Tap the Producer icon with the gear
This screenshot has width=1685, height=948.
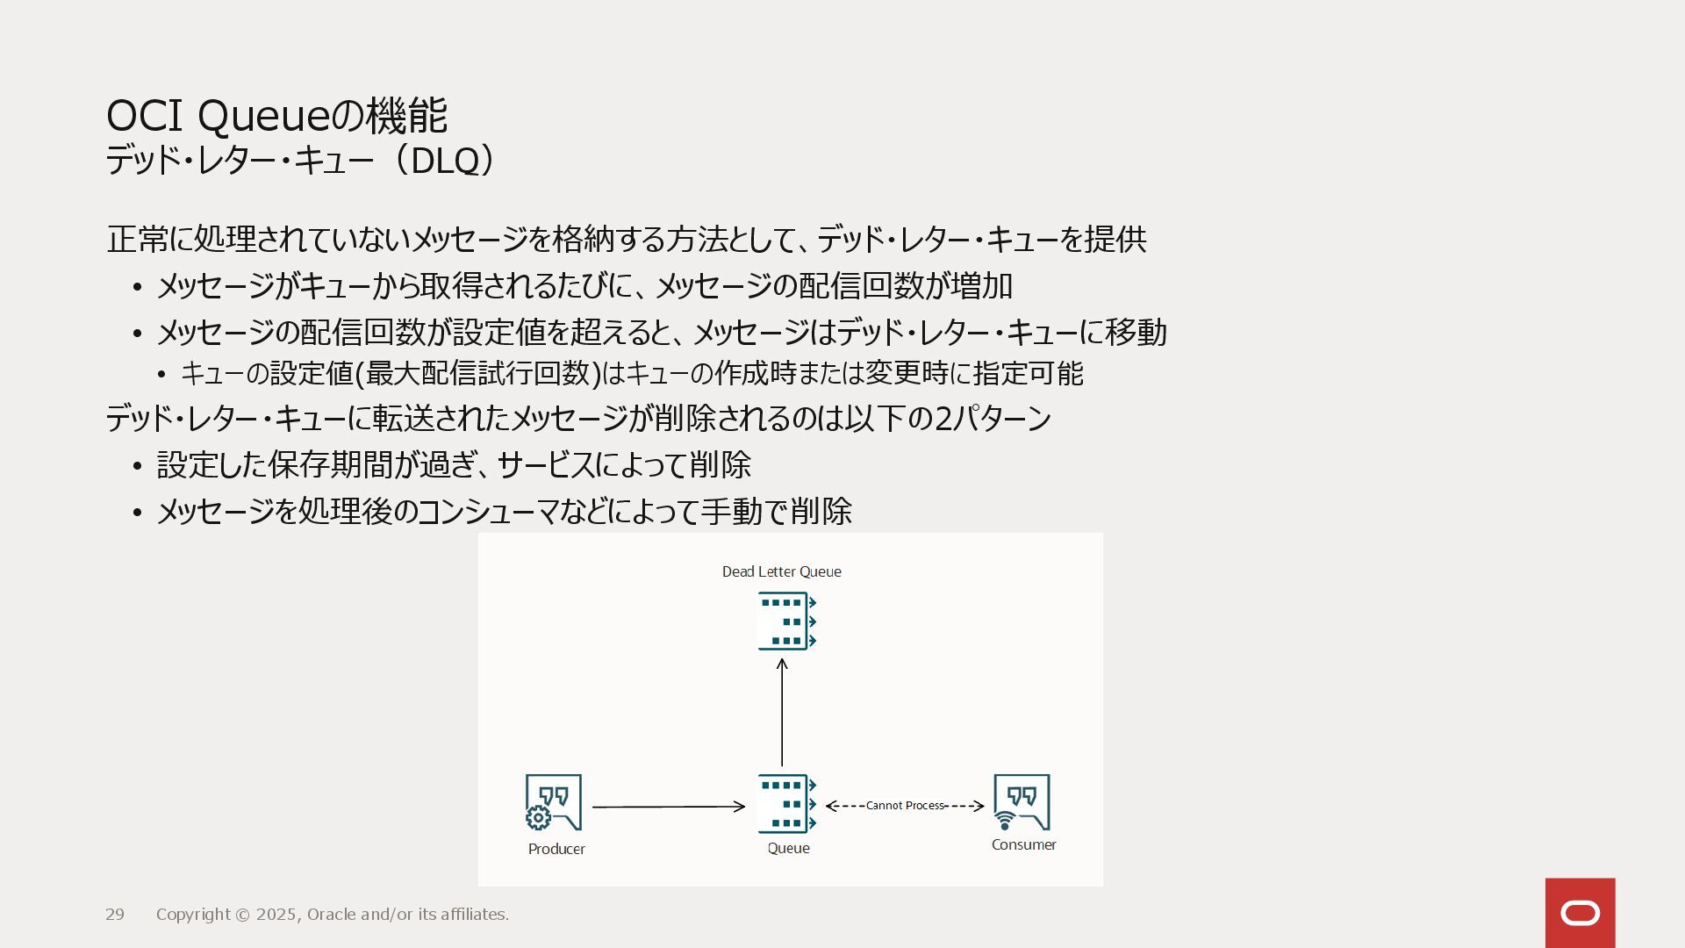pyautogui.click(x=553, y=802)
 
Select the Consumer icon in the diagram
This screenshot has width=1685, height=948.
pyautogui.click(x=1022, y=802)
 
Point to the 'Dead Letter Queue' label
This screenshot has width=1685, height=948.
pyautogui.click(x=781, y=572)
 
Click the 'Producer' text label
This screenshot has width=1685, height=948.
pyautogui.click(x=556, y=850)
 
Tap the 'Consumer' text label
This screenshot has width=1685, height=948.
pyautogui.click(x=1023, y=845)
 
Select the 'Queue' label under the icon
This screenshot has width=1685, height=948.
pyautogui.click(x=788, y=849)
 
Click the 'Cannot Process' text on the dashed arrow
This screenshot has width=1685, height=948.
pyautogui.click(x=905, y=806)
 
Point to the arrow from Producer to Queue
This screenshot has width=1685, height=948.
pyautogui.click(x=668, y=807)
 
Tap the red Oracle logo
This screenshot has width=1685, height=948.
pyautogui.click(x=1580, y=913)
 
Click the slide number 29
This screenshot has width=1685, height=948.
pyautogui.click(x=115, y=915)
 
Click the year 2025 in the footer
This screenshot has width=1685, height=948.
pyautogui.click(x=276, y=915)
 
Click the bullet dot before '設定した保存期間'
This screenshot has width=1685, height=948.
pyautogui.click(x=137, y=466)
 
